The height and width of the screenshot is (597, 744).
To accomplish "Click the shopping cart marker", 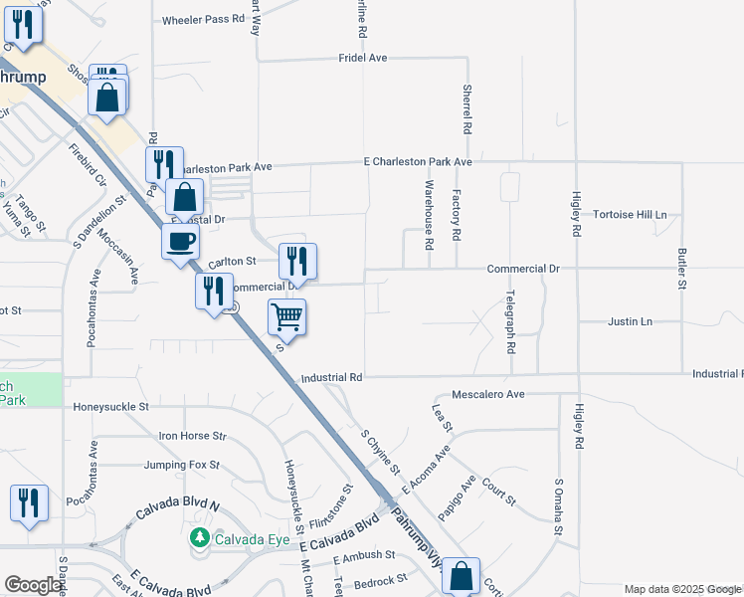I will click(x=286, y=318).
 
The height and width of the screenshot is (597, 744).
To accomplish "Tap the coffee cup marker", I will click(x=180, y=241).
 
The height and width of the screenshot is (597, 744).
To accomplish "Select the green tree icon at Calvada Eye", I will click(x=199, y=538).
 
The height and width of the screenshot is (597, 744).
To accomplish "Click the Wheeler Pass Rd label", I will click(x=203, y=20).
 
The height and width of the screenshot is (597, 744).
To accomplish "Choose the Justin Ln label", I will click(x=630, y=321).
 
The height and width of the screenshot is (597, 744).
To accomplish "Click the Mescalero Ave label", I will click(x=487, y=394).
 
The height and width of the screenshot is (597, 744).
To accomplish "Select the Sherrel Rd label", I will click(x=465, y=108).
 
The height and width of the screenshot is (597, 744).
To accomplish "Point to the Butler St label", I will click(x=682, y=269).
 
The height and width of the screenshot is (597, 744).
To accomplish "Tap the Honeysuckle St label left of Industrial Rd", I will click(x=110, y=407).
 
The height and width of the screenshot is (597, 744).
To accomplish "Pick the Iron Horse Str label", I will click(x=193, y=436).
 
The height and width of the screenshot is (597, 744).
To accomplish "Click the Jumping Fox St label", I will click(x=181, y=465).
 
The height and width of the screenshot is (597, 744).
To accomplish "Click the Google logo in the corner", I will click(x=34, y=585).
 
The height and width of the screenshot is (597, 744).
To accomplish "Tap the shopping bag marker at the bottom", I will click(x=462, y=575).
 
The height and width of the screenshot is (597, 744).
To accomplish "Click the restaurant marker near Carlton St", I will click(x=297, y=262).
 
